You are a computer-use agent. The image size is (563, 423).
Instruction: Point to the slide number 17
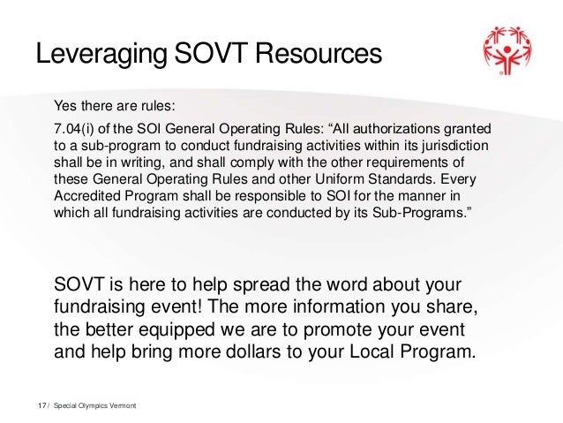click(41, 405)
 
